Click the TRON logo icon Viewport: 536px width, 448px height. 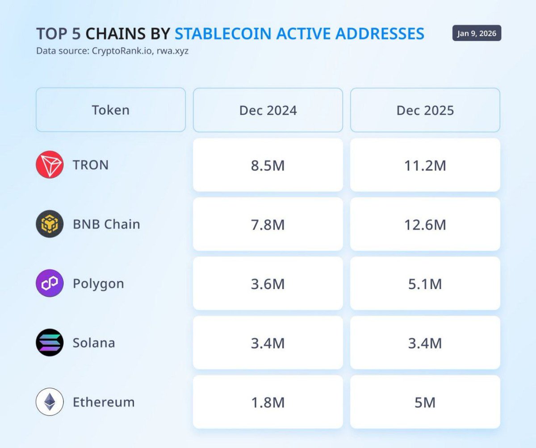[x=50, y=165]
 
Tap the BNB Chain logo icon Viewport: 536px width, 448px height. [x=50, y=224]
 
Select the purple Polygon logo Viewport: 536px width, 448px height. [x=50, y=283]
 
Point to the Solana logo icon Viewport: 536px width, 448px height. [x=50, y=343]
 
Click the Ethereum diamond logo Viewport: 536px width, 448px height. [x=50, y=402]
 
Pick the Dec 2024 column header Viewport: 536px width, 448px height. [x=268, y=110]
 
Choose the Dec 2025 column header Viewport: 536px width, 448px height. [x=425, y=110]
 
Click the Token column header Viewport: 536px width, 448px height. [x=110, y=110]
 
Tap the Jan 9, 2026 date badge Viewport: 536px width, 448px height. [x=477, y=33]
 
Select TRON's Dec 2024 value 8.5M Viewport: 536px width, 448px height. [x=268, y=166]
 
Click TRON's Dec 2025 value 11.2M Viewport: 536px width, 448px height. [x=425, y=166]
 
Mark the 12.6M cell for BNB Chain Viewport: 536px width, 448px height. [x=425, y=224]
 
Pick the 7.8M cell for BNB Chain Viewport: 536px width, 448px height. [x=268, y=224]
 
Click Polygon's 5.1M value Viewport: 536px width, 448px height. [x=425, y=284]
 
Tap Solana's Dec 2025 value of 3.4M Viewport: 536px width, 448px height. [x=425, y=343]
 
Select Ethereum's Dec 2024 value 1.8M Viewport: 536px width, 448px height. [x=268, y=402]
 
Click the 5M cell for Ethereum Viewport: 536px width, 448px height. [x=425, y=402]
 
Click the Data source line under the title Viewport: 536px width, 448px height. [x=112, y=51]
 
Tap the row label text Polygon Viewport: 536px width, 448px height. [x=98, y=284]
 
